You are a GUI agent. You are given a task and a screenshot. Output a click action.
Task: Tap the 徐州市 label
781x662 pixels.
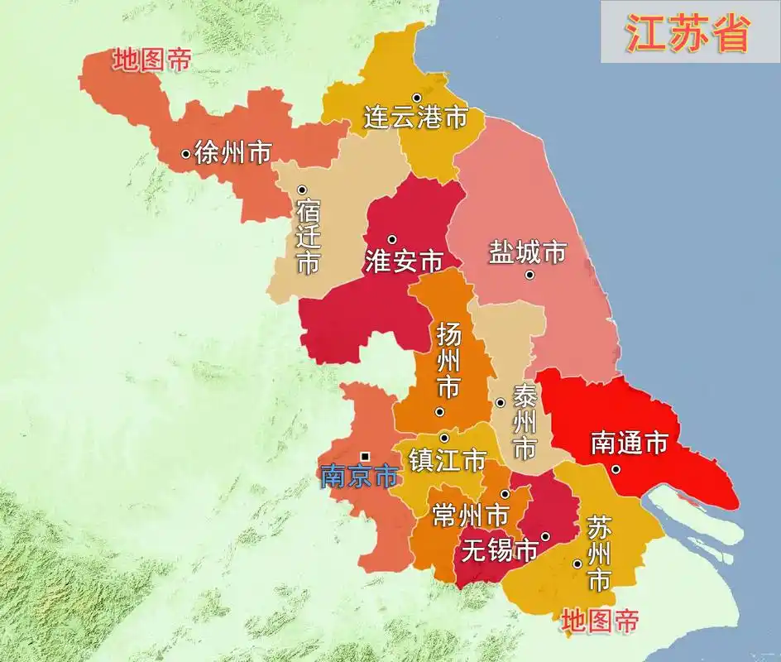[x=232, y=152]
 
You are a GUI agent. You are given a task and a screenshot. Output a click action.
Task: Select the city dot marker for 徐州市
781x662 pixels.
[x=185, y=153]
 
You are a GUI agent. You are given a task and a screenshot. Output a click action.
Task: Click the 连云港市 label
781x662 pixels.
[x=415, y=118]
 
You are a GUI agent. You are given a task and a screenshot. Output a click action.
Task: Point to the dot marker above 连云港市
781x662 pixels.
[x=417, y=98]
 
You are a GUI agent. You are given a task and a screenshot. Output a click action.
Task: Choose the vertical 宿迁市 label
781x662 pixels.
[x=308, y=237]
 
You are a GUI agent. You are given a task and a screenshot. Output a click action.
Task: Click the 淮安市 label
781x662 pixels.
[x=403, y=261]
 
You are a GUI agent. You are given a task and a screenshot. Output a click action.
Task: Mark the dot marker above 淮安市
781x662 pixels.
[x=392, y=240]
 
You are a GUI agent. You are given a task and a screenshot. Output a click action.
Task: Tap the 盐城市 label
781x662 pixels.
[x=527, y=252]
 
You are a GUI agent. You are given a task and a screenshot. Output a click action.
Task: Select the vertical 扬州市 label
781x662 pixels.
[x=448, y=362]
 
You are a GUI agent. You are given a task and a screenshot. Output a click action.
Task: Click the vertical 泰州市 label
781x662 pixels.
[x=525, y=423]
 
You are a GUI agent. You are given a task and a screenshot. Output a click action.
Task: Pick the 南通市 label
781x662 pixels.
[x=629, y=444]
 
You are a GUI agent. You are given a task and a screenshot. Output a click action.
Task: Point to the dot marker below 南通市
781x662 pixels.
[x=616, y=469]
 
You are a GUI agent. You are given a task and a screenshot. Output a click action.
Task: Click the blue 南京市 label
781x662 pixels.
[x=358, y=476]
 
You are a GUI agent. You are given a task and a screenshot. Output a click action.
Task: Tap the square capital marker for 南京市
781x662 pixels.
[x=365, y=456]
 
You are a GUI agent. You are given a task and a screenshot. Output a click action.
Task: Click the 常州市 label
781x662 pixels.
[x=470, y=516]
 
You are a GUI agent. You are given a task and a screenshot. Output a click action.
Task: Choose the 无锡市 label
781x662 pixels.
[x=500, y=549]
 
